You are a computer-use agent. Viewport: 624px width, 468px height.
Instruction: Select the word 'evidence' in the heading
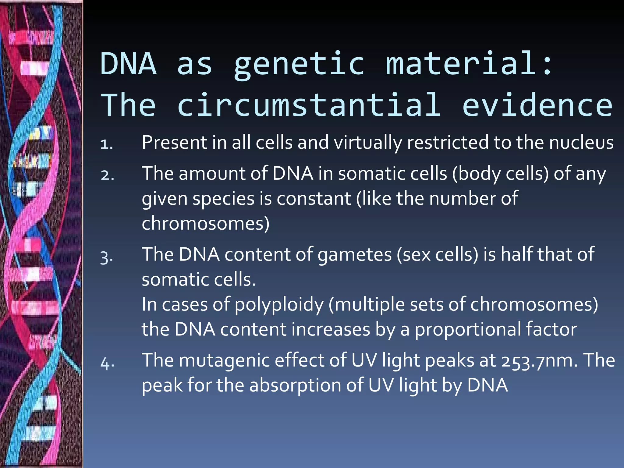[x=537, y=105]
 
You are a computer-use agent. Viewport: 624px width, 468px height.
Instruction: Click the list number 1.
[x=107, y=144]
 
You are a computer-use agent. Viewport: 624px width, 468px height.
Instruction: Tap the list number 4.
[x=107, y=363]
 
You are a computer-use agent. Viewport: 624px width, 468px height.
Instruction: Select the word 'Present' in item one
[x=174, y=143]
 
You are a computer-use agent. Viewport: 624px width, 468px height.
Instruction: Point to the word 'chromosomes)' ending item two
[x=206, y=224]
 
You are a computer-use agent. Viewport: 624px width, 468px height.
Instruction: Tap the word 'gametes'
[x=354, y=255]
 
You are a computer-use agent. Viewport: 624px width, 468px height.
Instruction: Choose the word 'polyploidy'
[x=279, y=305]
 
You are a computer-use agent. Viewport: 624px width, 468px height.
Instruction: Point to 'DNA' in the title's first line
[x=129, y=64]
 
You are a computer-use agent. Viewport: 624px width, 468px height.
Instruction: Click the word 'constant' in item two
[x=314, y=199]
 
